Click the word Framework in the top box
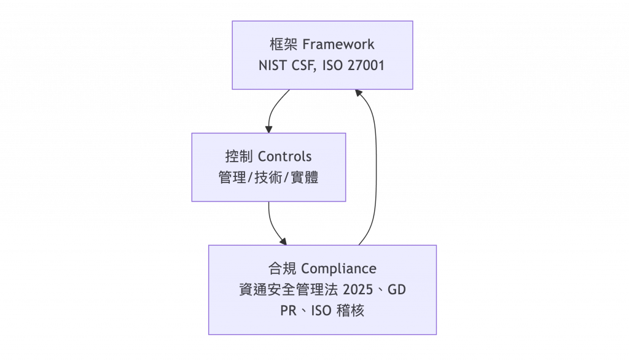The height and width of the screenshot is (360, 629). [338, 45]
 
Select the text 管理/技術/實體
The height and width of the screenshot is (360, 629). [268, 177]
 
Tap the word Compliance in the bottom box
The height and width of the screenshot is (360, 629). [338, 268]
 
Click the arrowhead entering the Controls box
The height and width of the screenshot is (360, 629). [269, 128]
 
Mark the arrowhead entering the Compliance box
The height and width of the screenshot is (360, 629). [283, 240]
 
